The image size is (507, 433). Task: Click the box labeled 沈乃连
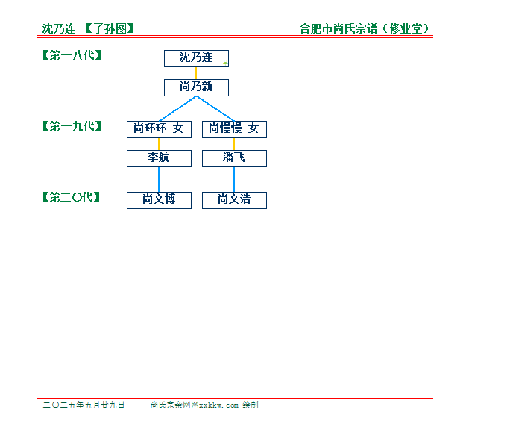pyautogui.click(x=196, y=59)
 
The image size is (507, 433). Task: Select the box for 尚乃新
pyautogui.click(x=196, y=88)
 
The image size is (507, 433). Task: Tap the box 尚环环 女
pyautogui.click(x=159, y=130)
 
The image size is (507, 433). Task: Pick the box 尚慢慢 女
pyautogui.click(x=234, y=130)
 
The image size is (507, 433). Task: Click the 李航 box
pyautogui.click(x=159, y=159)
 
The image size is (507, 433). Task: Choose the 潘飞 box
pyautogui.click(x=234, y=159)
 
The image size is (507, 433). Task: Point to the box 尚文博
pyautogui.click(x=159, y=201)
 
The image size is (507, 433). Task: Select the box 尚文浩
pyautogui.click(x=234, y=201)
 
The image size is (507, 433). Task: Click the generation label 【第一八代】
pyautogui.click(x=72, y=55)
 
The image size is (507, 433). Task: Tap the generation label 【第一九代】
pyautogui.click(x=72, y=126)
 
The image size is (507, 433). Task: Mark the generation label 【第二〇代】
pyautogui.click(x=71, y=197)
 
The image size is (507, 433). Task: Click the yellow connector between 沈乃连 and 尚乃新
pyautogui.click(x=196, y=73)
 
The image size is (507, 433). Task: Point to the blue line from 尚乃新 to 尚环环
pyautogui.click(x=178, y=109)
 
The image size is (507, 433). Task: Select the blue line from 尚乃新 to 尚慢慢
pyautogui.click(x=215, y=109)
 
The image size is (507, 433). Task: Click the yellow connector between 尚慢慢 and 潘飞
pyautogui.click(x=234, y=144)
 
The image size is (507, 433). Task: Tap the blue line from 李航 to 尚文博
pyautogui.click(x=159, y=180)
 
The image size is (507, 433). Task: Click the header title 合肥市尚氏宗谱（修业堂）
pyautogui.click(x=365, y=28)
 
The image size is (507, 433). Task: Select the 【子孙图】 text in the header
pyautogui.click(x=110, y=28)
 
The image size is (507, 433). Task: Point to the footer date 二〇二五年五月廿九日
pyautogui.click(x=84, y=405)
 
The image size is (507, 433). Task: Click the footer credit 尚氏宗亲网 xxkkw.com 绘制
pyautogui.click(x=204, y=405)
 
